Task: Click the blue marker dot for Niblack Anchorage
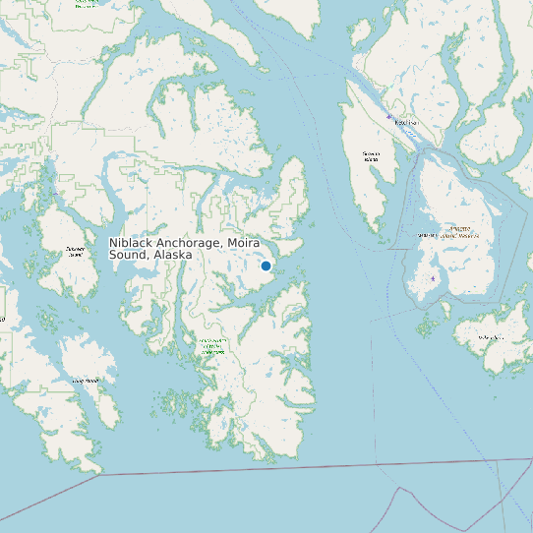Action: (x=266, y=266)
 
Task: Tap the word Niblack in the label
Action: (x=128, y=243)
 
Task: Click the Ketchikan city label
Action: (x=405, y=122)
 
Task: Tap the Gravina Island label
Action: (x=371, y=155)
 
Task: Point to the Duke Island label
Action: (x=491, y=338)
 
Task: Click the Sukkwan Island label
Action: (x=75, y=251)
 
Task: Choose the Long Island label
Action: (x=85, y=380)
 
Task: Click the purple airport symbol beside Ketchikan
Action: (x=389, y=117)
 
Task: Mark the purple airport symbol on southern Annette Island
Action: (x=434, y=278)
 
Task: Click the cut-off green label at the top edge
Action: (x=88, y=3)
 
